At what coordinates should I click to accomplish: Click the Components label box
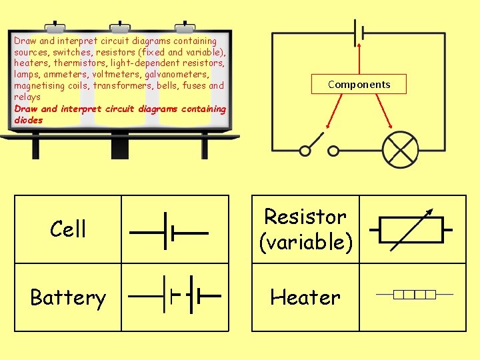[359, 84]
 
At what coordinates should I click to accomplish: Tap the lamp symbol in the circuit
[399, 150]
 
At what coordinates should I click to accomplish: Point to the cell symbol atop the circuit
[359, 33]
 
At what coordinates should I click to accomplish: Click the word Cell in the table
[68, 229]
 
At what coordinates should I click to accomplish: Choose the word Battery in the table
[68, 297]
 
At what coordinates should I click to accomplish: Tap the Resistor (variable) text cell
[305, 229]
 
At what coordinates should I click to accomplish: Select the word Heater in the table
[305, 297]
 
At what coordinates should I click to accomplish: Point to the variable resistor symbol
[409, 229]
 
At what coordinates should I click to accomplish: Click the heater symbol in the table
[414, 294]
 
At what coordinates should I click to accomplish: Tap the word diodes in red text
[29, 121]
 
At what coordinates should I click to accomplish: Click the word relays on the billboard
[27, 97]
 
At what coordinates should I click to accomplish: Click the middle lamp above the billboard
[121, 27]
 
